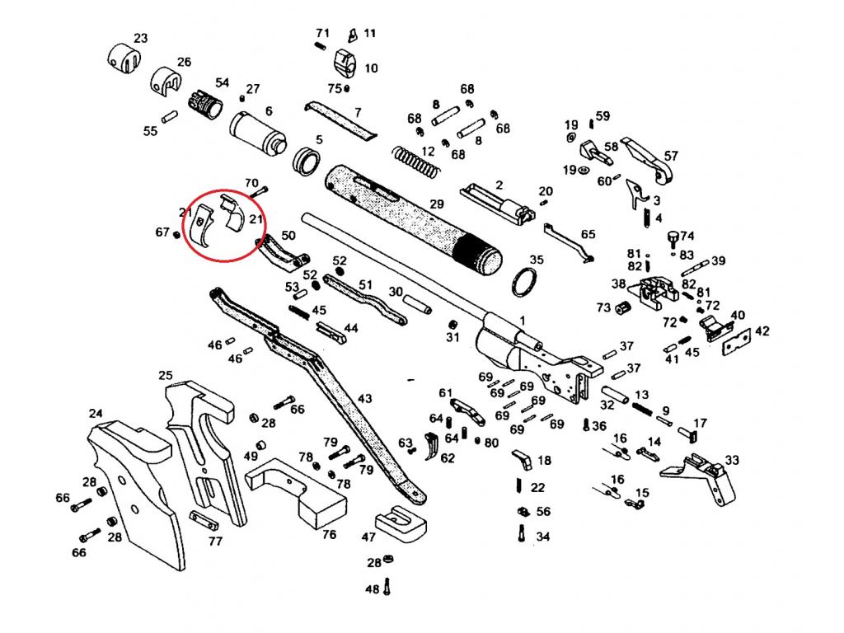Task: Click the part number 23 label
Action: pyautogui.click(x=141, y=38)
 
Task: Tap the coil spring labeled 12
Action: pyautogui.click(x=413, y=161)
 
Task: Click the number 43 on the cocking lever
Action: pyautogui.click(x=364, y=399)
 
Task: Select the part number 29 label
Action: pyautogui.click(x=436, y=204)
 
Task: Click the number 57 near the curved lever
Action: pyautogui.click(x=671, y=156)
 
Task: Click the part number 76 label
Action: pyautogui.click(x=329, y=534)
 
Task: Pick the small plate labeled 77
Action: pyautogui.click(x=204, y=522)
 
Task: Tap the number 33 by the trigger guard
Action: pyautogui.click(x=732, y=460)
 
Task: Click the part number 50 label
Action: pyautogui.click(x=288, y=235)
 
